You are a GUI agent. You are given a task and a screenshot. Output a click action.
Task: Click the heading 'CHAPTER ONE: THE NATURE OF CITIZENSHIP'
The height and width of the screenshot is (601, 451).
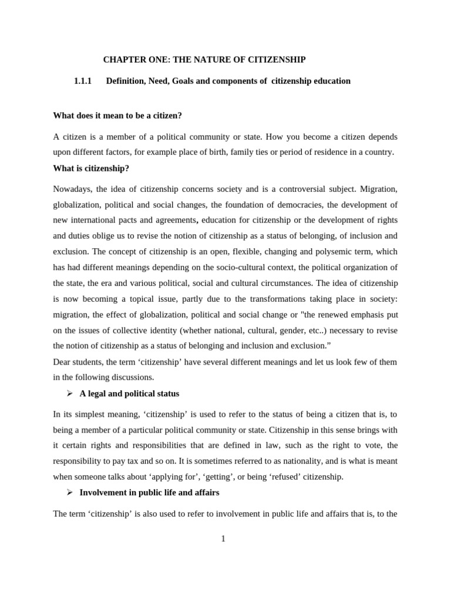click(x=204, y=60)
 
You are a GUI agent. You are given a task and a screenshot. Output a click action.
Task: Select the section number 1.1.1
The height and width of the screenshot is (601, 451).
click(x=83, y=81)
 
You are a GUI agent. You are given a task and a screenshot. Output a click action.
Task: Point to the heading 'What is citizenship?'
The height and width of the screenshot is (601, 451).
click(x=91, y=168)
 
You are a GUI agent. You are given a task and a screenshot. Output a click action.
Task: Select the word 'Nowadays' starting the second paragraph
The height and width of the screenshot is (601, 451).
click(x=72, y=189)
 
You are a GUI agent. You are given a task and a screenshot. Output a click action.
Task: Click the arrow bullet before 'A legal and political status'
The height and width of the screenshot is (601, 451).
click(x=69, y=393)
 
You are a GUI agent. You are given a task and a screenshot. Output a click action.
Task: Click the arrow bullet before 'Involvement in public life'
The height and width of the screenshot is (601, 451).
click(x=69, y=492)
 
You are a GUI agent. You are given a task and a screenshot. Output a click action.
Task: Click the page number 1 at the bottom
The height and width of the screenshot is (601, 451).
click(x=223, y=539)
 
